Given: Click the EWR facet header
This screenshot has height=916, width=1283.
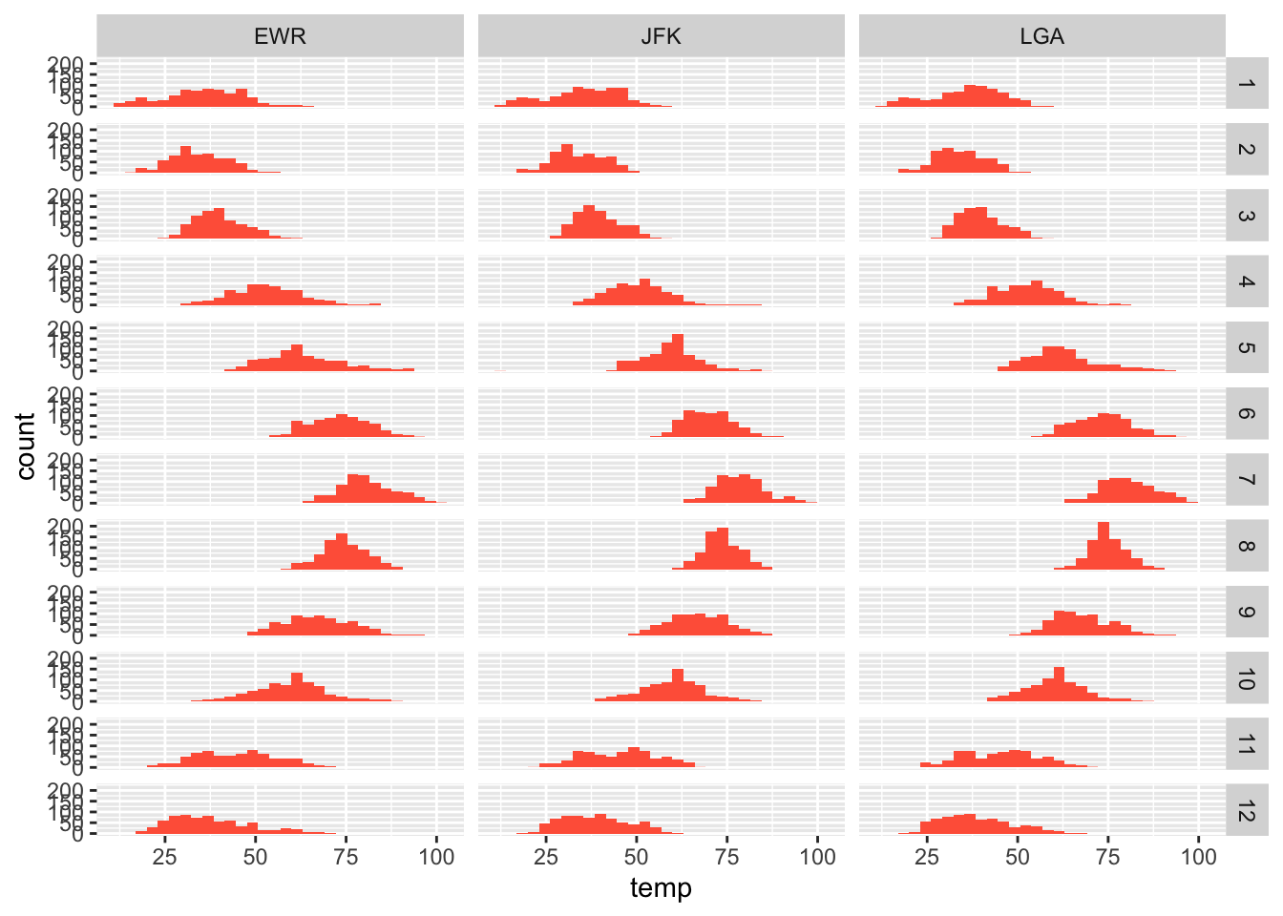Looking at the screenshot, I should pos(280,36).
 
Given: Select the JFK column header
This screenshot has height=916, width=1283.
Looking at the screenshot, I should pos(661,36).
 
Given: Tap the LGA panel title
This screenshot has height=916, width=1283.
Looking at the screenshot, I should pos(1041,36).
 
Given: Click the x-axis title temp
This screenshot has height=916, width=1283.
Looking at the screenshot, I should pos(661,888).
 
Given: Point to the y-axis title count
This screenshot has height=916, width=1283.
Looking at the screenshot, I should pos(26,446).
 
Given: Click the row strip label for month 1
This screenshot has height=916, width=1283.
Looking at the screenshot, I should pos(1246,84).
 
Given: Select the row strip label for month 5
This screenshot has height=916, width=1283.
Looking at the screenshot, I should pos(1246,347).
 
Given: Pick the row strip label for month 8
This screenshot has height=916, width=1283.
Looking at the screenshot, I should pos(1246,546).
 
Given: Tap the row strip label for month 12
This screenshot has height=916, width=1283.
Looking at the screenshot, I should pos(1246,811).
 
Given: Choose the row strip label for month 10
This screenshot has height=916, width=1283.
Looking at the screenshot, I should pos(1246,678).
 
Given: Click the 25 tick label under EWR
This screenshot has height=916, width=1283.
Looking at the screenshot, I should pos(165,856).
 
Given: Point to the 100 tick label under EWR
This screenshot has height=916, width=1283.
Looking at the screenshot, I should pos(437,856).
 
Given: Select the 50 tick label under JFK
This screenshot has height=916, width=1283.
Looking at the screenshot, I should pos(637,856).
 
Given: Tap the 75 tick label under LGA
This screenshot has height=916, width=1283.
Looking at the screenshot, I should pos(1108,856).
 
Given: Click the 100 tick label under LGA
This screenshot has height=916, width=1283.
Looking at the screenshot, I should pos(1199,856).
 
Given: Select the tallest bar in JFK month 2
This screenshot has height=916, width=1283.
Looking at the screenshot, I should pos(567,159).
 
